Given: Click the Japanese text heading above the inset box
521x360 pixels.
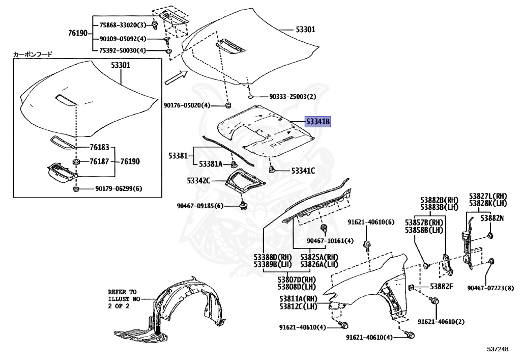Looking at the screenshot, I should [x=33, y=53].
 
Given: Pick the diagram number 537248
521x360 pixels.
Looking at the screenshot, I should [x=496, y=349].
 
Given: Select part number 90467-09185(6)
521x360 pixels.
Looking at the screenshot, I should [x=200, y=206].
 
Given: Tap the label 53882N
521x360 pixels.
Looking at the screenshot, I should [x=493, y=218].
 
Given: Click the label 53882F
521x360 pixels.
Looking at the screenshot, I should [x=441, y=287].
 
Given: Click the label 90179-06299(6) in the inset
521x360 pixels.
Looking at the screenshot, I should [x=119, y=188].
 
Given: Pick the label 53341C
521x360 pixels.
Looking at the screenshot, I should [x=303, y=171].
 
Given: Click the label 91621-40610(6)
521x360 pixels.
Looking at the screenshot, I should [x=371, y=222].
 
